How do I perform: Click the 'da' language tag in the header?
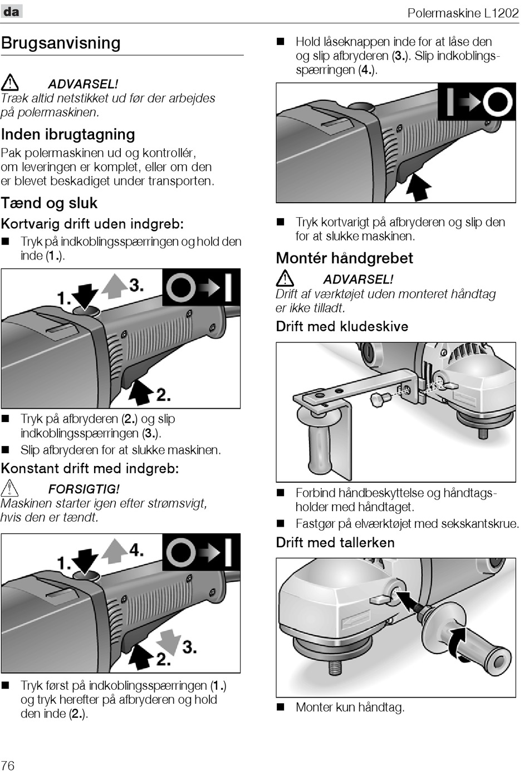[11, 11]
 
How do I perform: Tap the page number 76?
[8, 765]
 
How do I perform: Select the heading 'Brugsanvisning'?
[61, 43]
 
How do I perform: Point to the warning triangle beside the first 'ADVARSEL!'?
[10, 84]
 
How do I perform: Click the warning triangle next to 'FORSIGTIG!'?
[10, 488]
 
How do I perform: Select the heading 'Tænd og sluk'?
[49, 203]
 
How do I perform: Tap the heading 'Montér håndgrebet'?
[344, 258]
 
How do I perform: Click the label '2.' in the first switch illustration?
[163, 394]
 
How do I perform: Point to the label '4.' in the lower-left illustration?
[136, 550]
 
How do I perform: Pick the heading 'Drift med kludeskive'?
[342, 326]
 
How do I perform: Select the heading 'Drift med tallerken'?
[335, 542]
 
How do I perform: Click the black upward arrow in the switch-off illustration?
[419, 187]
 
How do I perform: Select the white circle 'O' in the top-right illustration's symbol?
[497, 102]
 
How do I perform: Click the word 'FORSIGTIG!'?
[84, 489]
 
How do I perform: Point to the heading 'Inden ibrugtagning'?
[68, 134]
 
